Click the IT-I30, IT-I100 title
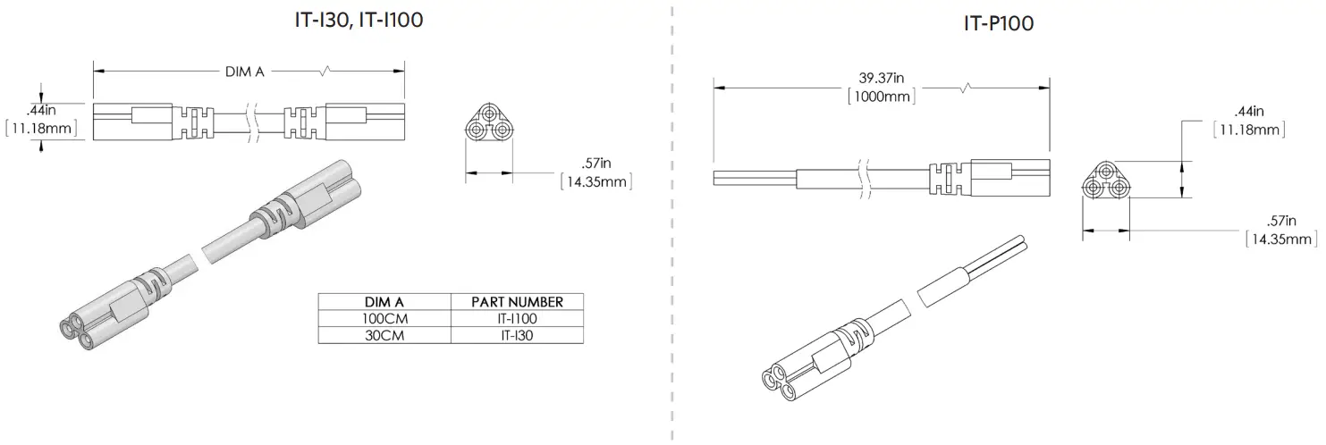pos(358,19)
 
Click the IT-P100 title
pos(998,24)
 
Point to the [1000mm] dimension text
pos(882,97)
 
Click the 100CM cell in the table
pos(384,318)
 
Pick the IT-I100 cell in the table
pos(517,318)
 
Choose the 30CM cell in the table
pos(384,335)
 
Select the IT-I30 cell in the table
pos(517,335)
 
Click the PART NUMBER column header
pos(517,301)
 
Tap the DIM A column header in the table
pos(384,301)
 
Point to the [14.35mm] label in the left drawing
pos(595,182)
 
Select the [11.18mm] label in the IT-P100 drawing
pos(1249,130)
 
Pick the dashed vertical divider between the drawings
pos(671,223)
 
